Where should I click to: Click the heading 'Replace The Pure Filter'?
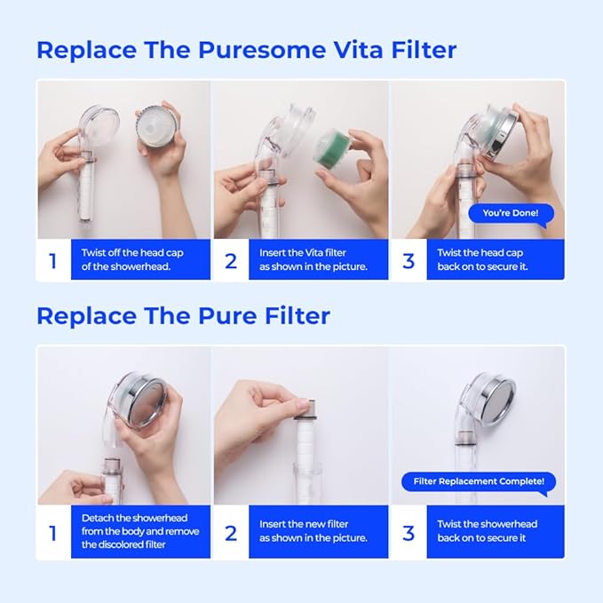(183, 315)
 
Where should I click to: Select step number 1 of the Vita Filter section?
(52, 260)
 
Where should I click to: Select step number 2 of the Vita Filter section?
(231, 260)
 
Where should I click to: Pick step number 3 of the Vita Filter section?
(409, 260)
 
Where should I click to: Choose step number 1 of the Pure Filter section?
(52, 533)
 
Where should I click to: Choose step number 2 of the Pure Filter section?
(231, 533)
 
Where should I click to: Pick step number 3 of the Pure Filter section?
(409, 533)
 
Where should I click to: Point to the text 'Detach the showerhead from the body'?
(139, 531)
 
